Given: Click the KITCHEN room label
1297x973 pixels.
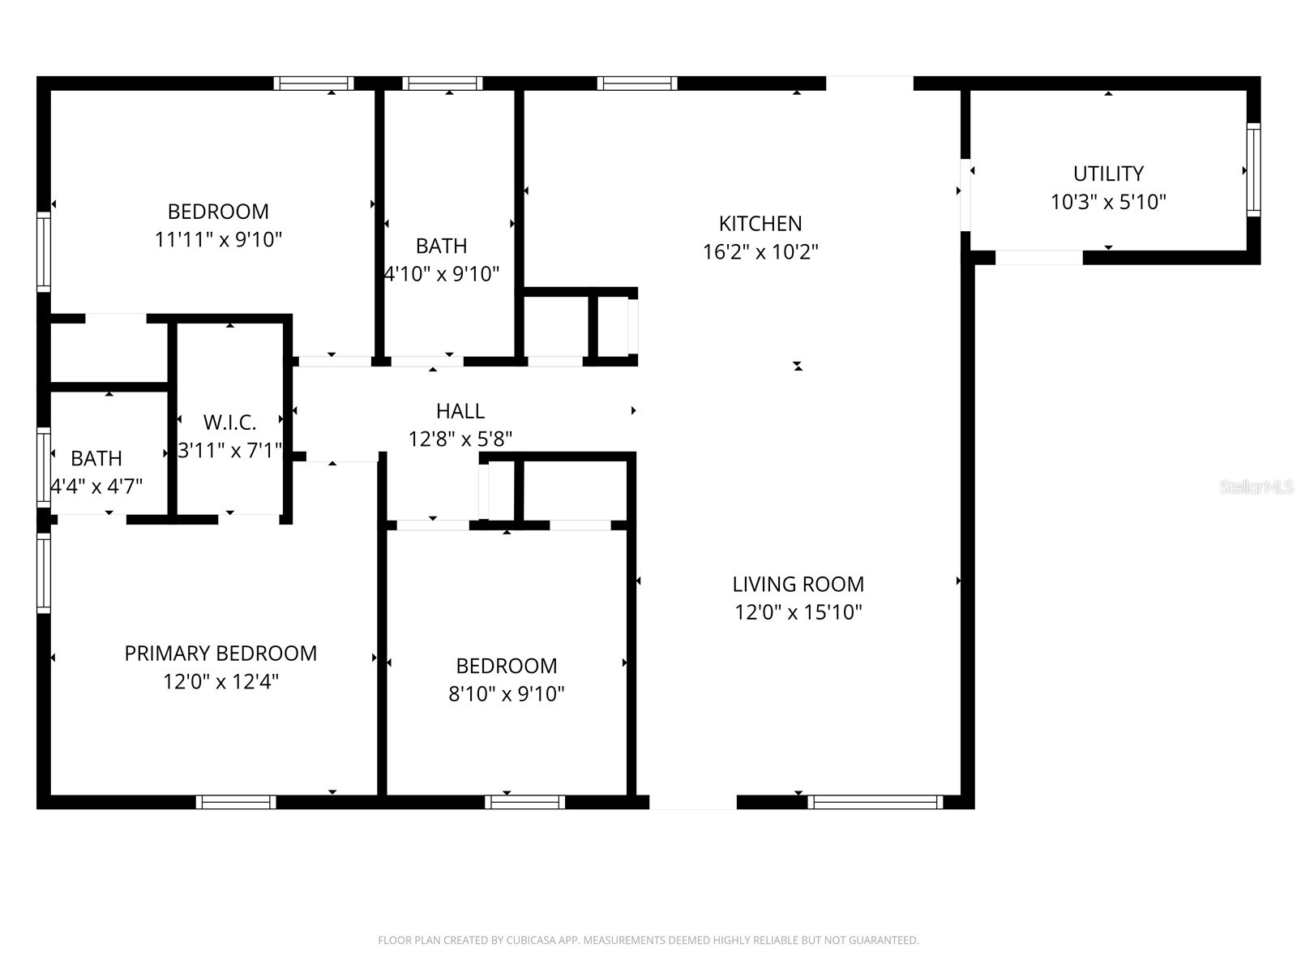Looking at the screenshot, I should click(x=760, y=224).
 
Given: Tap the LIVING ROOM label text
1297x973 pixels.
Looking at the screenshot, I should click(x=798, y=585).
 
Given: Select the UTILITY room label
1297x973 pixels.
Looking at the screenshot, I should click(x=1108, y=174).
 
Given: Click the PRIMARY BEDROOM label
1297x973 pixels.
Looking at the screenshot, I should click(x=220, y=654).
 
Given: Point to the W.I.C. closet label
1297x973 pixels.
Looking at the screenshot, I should click(x=229, y=422).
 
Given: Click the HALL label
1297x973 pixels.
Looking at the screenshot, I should click(x=460, y=411).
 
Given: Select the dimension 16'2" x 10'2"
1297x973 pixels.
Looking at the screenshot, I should click(x=760, y=252).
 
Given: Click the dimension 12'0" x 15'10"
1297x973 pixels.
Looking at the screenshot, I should click(x=798, y=612).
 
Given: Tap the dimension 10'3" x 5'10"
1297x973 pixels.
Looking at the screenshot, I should click(x=1108, y=202).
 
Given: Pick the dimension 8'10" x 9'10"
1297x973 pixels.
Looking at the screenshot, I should click(x=506, y=694).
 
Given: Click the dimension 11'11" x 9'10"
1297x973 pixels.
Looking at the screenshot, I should click(x=218, y=240).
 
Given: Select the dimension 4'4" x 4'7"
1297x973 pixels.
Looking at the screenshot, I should click(x=96, y=486).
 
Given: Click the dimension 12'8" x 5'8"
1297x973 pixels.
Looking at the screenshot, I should click(x=460, y=439).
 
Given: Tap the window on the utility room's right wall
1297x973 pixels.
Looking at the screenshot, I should click(x=1253, y=169).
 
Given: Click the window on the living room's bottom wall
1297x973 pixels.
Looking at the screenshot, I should click(x=875, y=802).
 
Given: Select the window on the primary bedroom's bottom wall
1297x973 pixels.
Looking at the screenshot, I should click(x=236, y=802).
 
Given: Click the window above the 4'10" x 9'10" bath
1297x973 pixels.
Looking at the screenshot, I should click(x=443, y=83).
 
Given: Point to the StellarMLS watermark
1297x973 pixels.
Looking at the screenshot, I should click(x=1256, y=487).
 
